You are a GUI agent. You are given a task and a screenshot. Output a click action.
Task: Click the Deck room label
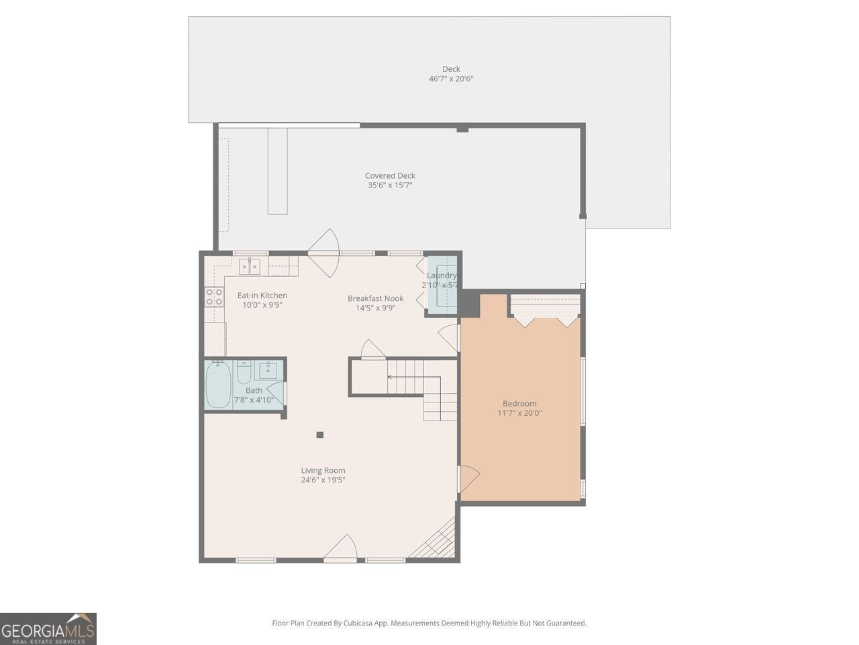tap(451, 69)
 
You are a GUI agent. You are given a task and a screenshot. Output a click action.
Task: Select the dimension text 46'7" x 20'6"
tap(451, 79)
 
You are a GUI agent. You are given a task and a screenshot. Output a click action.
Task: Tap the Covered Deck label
tap(390, 176)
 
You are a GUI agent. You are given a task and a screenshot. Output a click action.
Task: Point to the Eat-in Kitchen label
tap(262, 296)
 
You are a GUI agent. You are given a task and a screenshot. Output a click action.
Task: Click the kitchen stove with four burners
tap(215, 296)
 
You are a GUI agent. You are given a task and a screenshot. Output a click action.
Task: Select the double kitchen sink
tap(250, 266)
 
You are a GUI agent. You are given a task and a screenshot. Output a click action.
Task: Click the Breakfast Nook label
tap(375, 298)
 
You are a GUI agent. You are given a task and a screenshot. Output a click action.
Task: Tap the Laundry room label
tap(442, 275)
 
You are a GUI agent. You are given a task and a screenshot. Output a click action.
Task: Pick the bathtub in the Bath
tap(218, 385)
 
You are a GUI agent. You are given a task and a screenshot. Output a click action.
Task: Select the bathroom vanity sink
tap(269, 370)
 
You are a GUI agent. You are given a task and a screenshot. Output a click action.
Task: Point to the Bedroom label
tap(519, 404)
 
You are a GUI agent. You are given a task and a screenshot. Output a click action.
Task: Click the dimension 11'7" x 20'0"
tap(519, 413)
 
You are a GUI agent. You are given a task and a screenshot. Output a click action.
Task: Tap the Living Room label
tap(323, 471)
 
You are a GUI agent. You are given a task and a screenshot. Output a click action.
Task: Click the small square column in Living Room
tap(320, 435)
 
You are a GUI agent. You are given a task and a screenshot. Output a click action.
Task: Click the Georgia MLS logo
tap(48, 629)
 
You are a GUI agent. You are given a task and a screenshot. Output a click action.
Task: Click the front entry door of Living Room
tap(341, 549)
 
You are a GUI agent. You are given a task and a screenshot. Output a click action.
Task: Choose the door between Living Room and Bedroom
tap(468, 478)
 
